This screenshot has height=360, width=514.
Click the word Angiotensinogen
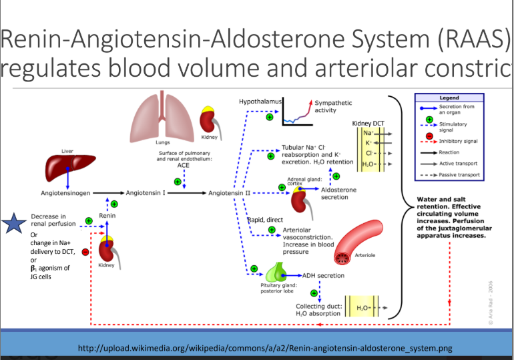(x=62, y=193)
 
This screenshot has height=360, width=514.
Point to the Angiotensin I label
(x=143, y=193)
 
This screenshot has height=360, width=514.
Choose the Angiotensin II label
(x=229, y=193)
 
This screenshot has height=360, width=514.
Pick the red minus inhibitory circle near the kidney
(x=85, y=252)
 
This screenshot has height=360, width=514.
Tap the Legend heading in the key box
(x=448, y=98)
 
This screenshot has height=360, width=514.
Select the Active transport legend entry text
(x=459, y=164)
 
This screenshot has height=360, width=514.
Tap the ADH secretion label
(x=324, y=275)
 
